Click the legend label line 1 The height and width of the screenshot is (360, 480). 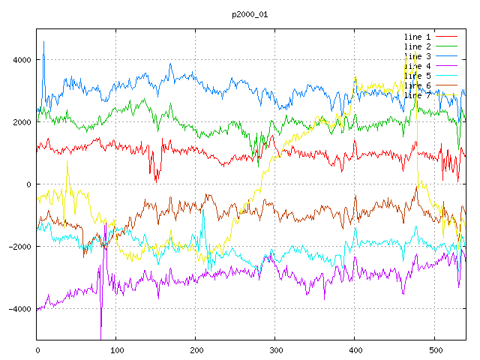click(x=417, y=37)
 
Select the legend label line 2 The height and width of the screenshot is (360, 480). click(x=417, y=46)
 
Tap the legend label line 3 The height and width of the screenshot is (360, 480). click(x=417, y=56)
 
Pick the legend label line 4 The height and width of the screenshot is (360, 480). click(x=417, y=66)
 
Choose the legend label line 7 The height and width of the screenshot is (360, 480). click(x=417, y=95)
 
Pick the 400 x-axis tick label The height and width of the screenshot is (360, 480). click(x=355, y=349)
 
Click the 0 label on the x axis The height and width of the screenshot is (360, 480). click(x=37, y=349)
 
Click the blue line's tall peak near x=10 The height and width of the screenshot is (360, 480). click(x=44, y=43)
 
